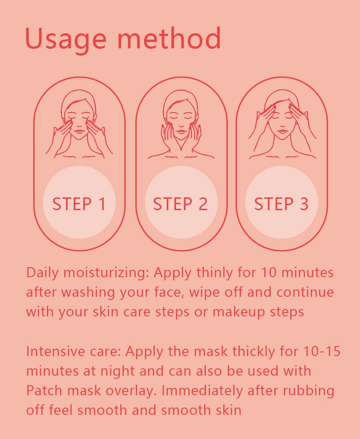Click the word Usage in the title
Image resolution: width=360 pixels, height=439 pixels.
(x=66, y=39)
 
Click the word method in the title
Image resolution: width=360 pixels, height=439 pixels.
(x=169, y=38)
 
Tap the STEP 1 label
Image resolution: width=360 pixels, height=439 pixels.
(x=79, y=203)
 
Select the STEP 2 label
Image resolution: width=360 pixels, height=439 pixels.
(x=180, y=203)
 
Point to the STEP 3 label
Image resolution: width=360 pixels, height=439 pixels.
(x=281, y=203)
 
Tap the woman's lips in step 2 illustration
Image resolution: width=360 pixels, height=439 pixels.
(x=181, y=130)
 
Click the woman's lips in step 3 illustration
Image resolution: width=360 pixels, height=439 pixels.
(x=282, y=130)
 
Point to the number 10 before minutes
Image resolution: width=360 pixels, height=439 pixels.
(x=269, y=273)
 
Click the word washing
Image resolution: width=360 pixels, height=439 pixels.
(x=88, y=293)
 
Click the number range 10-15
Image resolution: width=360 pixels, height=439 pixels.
(x=322, y=351)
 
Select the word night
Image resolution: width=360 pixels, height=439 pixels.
(x=118, y=372)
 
